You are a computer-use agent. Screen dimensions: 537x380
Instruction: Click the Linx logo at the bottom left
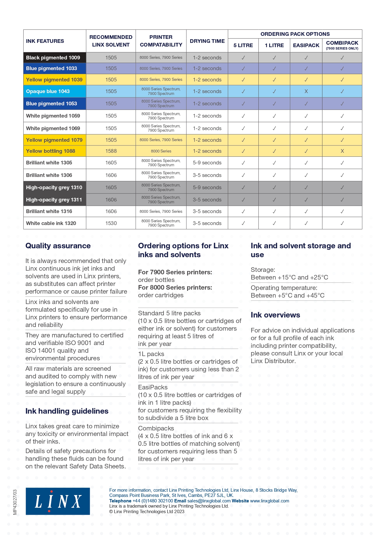[58, 501]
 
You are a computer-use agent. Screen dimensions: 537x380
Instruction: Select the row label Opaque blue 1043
[48, 91]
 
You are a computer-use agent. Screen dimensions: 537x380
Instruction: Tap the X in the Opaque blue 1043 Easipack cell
[306, 91]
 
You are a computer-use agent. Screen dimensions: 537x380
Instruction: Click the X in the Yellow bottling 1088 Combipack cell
[342, 151]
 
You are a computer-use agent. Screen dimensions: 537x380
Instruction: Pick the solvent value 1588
[111, 151]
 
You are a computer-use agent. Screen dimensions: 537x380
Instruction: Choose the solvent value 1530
[111, 223]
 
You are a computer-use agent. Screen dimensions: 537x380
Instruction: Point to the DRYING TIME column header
[207, 41]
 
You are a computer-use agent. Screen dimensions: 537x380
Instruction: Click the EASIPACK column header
[306, 45]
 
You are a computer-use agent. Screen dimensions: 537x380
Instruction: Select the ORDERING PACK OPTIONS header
[295, 34]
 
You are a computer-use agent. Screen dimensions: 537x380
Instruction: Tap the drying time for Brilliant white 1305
[207, 163]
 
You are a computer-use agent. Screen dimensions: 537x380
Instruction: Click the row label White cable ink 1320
[51, 223]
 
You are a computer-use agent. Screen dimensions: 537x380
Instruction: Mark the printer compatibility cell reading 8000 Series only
[161, 151]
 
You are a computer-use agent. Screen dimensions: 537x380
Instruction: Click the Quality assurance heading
[58, 246]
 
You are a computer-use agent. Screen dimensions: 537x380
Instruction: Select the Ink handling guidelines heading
[67, 411]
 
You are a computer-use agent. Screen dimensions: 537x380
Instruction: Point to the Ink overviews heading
[275, 315]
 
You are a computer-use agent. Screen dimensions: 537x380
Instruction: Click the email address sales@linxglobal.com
[209, 501]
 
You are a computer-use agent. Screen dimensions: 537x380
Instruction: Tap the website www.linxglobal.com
[269, 501]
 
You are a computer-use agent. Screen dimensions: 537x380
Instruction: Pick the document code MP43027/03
[15, 502]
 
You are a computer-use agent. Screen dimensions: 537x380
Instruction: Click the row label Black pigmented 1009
[53, 58]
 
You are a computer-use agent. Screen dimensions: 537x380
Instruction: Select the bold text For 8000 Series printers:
[175, 287]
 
